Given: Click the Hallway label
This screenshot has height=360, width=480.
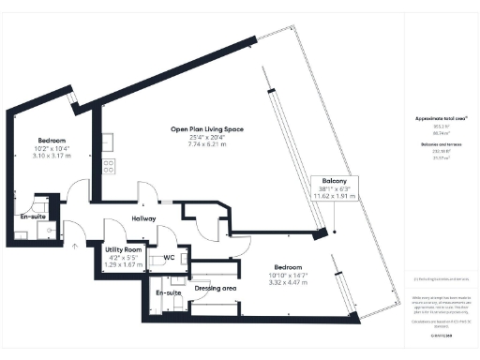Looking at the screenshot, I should pyautogui.click(x=142, y=218).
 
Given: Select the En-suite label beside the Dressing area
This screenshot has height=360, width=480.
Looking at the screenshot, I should pyautogui.click(x=169, y=293).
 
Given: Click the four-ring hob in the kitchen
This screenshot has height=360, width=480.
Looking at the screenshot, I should pyautogui.click(x=108, y=167).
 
